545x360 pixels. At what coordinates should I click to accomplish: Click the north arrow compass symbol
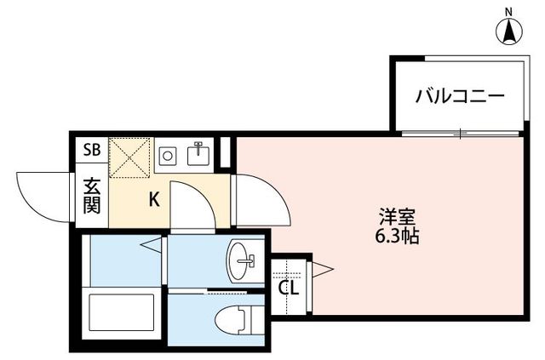tap(509, 32)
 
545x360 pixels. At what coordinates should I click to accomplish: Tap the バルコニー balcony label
tap(459, 95)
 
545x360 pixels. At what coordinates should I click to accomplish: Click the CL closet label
tap(289, 288)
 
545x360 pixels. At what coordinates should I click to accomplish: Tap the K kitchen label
tap(155, 201)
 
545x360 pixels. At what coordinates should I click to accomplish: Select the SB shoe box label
tap(91, 151)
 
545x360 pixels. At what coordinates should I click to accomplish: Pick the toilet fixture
tap(242, 322)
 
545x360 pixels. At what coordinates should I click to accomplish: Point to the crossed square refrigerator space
tap(129, 157)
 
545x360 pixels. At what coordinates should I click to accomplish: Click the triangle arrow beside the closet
tap(323, 271)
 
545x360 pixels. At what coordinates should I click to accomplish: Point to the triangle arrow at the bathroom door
tap(152, 247)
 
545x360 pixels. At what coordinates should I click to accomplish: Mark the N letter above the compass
tap(509, 10)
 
